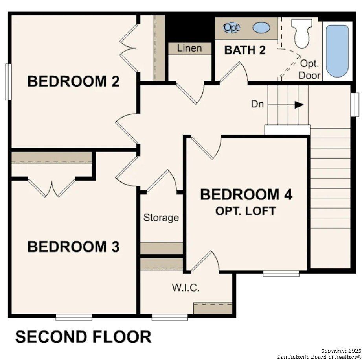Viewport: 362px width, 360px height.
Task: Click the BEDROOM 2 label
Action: coord(73,81)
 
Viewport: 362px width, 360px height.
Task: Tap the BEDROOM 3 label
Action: coord(73,247)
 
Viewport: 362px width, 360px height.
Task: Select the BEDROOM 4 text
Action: coord(246,195)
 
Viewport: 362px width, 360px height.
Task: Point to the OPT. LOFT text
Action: coord(245,211)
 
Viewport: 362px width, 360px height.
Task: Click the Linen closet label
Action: coord(189,48)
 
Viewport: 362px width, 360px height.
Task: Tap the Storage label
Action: coord(161,218)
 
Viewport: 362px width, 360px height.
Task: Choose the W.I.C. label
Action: coord(186,288)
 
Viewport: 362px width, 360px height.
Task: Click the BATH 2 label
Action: coord(245,50)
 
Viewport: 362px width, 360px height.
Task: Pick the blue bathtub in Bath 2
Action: coord(337,51)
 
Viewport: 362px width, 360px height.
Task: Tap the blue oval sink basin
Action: coord(261,28)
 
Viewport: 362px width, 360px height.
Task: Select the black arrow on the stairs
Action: coord(299,105)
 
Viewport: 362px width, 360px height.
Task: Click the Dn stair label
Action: coord(257,105)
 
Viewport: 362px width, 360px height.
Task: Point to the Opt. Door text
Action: coord(309,69)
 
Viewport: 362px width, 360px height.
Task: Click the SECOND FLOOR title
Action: coord(83,338)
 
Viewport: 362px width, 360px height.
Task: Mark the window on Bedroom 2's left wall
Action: coord(7,81)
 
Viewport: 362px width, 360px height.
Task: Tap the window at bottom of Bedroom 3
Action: coord(74,316)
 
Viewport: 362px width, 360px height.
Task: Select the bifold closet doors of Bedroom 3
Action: coord(51,187)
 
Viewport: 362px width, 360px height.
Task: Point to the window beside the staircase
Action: coord(355,105)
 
